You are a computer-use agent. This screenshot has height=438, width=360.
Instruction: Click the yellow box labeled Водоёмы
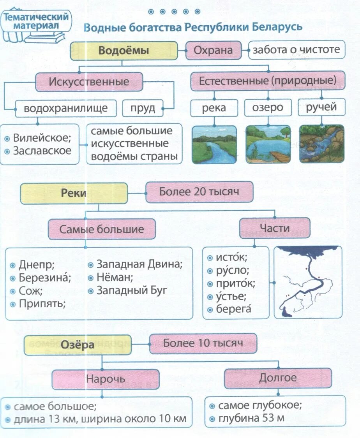(124, 51)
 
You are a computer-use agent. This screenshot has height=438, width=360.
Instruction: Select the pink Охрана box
(213, 50)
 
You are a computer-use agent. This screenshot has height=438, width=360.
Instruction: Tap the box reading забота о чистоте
(296, 50)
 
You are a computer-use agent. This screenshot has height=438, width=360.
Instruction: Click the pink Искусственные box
(89, 82)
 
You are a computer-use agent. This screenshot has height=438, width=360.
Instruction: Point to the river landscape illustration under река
(214, 144)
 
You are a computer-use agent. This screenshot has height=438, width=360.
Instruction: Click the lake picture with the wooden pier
(268, 144)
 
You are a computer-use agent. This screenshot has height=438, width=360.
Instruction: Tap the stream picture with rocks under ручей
(321, 144)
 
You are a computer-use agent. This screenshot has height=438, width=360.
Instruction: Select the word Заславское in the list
(42, 151)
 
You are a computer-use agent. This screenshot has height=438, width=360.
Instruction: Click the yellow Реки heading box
(74, 193)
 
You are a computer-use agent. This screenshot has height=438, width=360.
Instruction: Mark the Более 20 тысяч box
(199, 192)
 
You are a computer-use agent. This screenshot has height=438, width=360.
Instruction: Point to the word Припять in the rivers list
(42, 303)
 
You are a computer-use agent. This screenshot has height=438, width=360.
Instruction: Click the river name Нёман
(115, 278)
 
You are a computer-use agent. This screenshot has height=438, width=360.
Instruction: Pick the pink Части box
(274, 228)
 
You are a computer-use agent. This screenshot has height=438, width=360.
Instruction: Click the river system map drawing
(308, 282)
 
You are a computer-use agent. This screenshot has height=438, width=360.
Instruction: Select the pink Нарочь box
(106, 379)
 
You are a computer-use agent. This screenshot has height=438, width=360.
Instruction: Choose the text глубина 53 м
(251, 419)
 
